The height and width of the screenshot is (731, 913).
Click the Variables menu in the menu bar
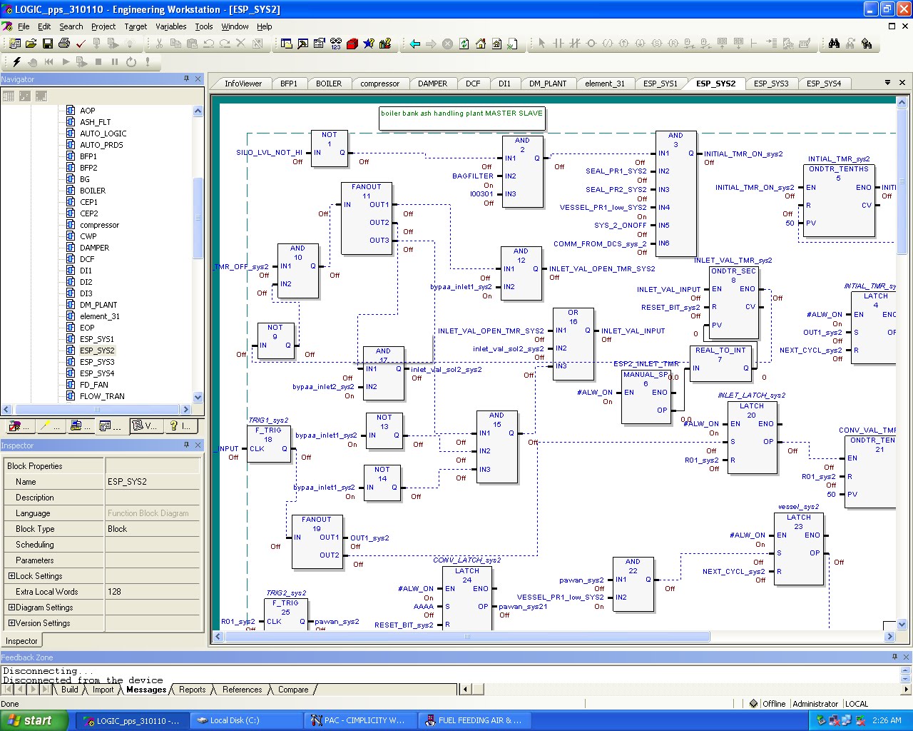170,26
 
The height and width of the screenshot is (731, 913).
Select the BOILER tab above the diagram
329,84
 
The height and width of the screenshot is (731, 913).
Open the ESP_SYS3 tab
771,84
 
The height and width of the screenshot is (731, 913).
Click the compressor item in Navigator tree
99,225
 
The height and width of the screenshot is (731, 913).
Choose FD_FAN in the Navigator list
93,385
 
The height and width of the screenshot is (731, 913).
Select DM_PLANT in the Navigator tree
98,305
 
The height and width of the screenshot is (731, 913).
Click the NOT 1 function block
329,148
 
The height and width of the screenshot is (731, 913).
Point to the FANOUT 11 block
366,218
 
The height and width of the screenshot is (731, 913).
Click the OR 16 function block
573,344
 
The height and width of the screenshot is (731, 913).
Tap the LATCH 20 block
751,437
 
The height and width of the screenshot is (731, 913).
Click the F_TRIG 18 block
268,444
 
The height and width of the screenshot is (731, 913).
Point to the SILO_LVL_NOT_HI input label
269,153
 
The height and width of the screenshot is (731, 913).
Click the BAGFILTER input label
472,176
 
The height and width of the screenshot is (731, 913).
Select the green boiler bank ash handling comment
461,114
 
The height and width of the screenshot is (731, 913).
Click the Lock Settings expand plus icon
11,576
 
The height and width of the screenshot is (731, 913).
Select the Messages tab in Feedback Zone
146,690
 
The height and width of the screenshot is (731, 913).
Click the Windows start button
34,720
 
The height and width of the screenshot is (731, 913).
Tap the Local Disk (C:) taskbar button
234,720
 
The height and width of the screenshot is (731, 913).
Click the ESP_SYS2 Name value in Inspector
127,482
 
